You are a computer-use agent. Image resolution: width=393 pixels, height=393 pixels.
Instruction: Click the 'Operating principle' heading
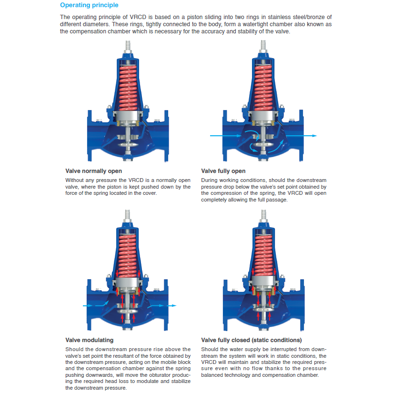click(x=89, y=5)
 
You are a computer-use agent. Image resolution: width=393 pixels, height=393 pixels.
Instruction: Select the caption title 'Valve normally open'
click(x=93, y=171)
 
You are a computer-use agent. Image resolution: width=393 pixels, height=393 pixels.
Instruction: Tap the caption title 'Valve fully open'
click(x=223, y=171)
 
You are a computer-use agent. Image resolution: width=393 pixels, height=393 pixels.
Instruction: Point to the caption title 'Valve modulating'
click(x=89, y=340)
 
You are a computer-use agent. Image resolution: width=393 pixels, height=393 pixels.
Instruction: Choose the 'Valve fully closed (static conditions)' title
click(x=252, y=340)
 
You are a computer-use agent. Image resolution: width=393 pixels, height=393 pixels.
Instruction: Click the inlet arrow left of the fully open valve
click(x=226, y=136)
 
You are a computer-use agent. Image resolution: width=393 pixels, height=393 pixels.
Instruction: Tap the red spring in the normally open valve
click(x=128, y=88)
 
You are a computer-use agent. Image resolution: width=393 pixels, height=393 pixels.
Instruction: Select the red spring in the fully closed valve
click(x=263, y=256)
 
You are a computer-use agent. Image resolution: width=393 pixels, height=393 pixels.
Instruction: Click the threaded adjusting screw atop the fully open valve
click(x=263, y=46)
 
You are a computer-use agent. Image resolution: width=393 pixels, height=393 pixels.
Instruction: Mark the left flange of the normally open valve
click(x=90, y=136)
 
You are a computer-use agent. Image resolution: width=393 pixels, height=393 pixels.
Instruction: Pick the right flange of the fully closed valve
click(x=302, y=305)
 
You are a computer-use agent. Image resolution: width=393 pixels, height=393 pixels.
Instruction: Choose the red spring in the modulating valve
click(x=128, y=256)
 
